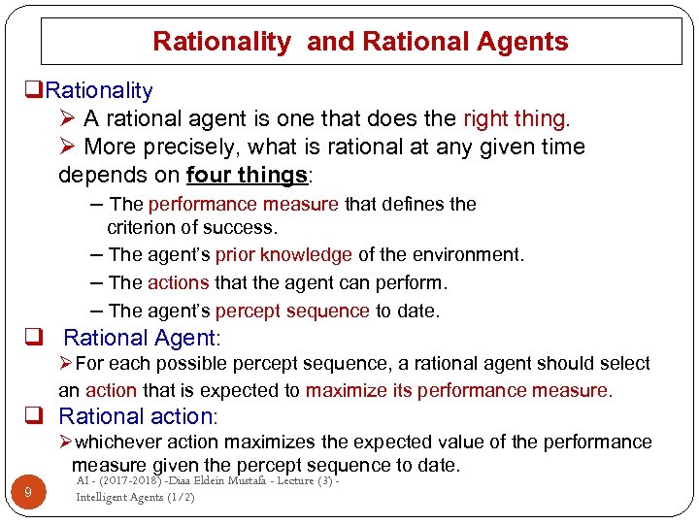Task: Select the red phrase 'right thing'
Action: [x=514, y=119]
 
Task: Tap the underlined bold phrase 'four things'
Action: [x=246, y=176]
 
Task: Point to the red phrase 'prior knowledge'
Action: [x=283, y=255]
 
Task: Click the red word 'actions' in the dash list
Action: [x=178, y=283]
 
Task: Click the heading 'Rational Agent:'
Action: [x=143, y=339]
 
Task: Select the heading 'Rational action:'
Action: [x=139, y=416]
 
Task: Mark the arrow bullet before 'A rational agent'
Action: [x=67, y=119]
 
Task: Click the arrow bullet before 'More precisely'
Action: [x=67, y=147]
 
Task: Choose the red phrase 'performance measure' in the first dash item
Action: [x=243, y=205]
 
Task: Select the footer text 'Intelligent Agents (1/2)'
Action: [x=135, y=498]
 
